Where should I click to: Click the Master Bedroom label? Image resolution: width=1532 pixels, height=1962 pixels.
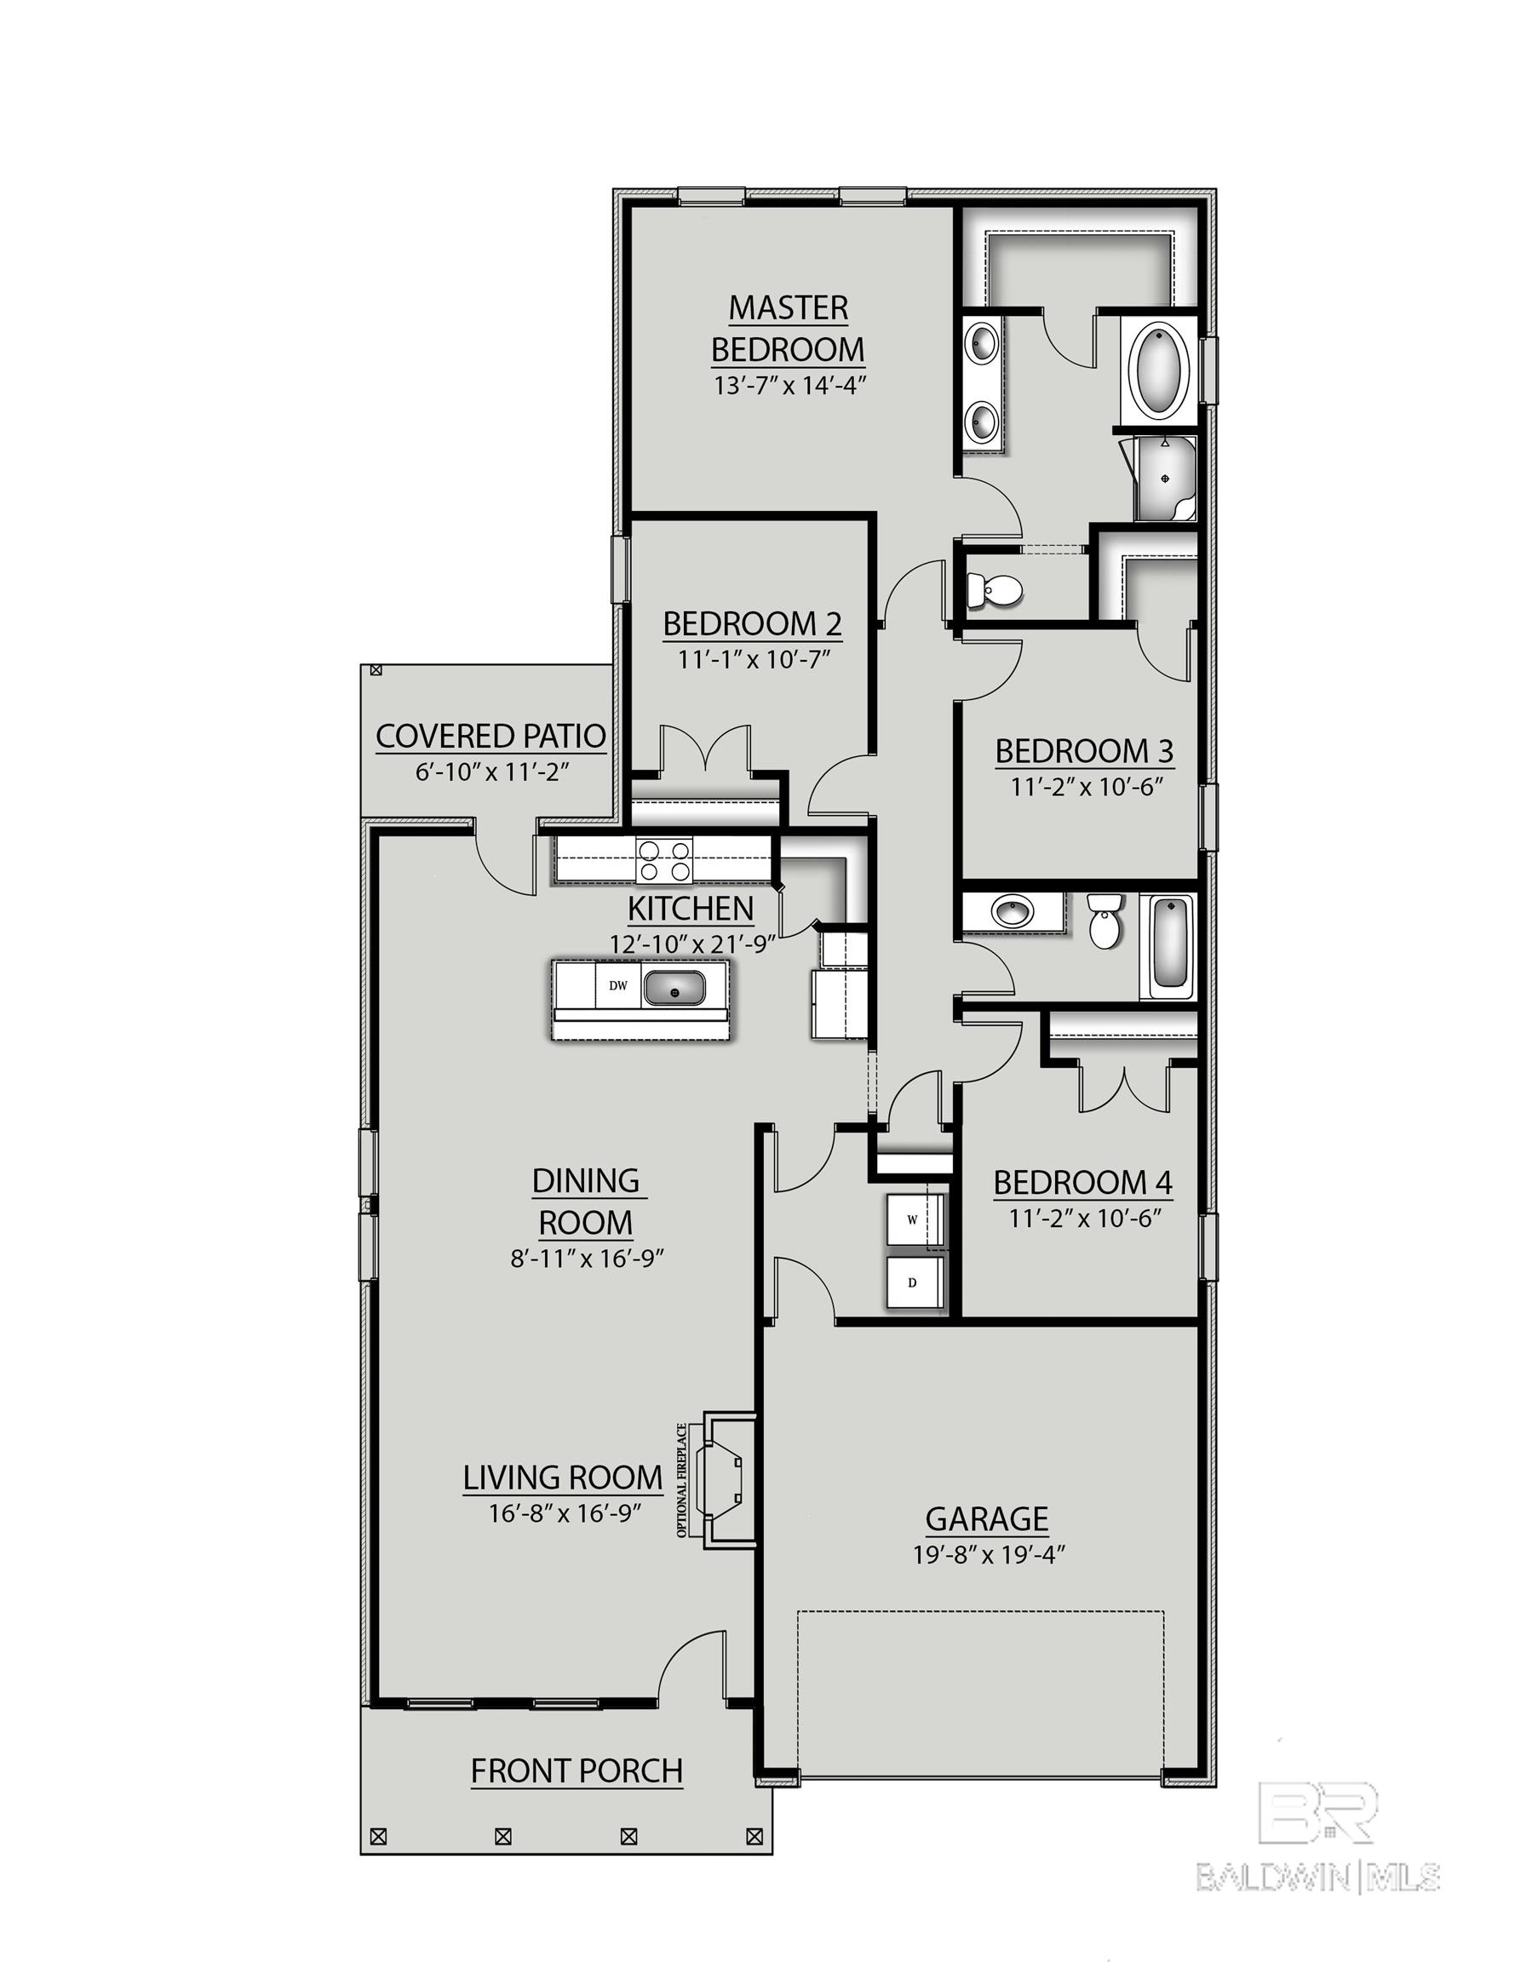(788, 328)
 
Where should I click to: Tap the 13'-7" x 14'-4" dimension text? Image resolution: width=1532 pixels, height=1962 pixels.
(788, 386)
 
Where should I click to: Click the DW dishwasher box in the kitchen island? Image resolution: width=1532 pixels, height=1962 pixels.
(617, 985)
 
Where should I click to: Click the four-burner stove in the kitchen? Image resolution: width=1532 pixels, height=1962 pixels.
(663, 860)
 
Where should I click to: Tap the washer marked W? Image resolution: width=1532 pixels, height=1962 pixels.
(914, 1219)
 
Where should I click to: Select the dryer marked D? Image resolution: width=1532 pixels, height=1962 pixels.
(914, 1282)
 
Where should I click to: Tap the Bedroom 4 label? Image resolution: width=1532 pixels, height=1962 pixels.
(1082, 1183)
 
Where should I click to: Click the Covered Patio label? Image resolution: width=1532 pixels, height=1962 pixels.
(491, 736)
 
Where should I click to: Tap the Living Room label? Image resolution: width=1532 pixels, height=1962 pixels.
(563, 1477)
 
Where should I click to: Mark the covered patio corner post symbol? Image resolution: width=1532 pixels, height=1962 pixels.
(376, 671)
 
